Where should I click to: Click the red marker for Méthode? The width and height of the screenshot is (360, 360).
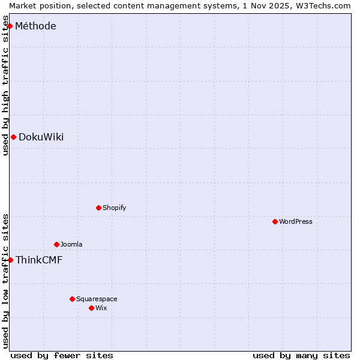[10, 26]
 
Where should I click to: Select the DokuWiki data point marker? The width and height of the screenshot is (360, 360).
[13, 137]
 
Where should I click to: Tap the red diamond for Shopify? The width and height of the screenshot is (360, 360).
[98, 208]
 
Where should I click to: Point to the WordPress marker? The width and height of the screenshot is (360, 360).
[275, 221]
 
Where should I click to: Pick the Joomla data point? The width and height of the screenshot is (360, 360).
[56, 244]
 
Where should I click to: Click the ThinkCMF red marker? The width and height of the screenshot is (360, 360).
[10, 260]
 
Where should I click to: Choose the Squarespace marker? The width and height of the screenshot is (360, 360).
[72, 299]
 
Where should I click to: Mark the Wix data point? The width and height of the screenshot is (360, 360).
[91, 308]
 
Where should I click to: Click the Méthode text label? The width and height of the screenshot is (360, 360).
[35, 26]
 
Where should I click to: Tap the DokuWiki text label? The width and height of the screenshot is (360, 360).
[41, 137]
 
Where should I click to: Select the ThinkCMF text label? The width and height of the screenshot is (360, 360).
[39, 260]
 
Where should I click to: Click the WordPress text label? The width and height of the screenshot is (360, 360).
[295, 221]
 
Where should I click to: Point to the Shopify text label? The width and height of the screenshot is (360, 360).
[114, 208]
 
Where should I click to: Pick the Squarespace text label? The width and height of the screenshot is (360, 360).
[97, 299]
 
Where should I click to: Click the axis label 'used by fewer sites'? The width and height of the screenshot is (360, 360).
[62, 355]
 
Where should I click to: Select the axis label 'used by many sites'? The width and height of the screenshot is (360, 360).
[301, 355]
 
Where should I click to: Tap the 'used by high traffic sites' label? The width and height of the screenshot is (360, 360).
[5, 90]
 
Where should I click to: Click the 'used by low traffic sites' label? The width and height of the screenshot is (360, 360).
[5, 281]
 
